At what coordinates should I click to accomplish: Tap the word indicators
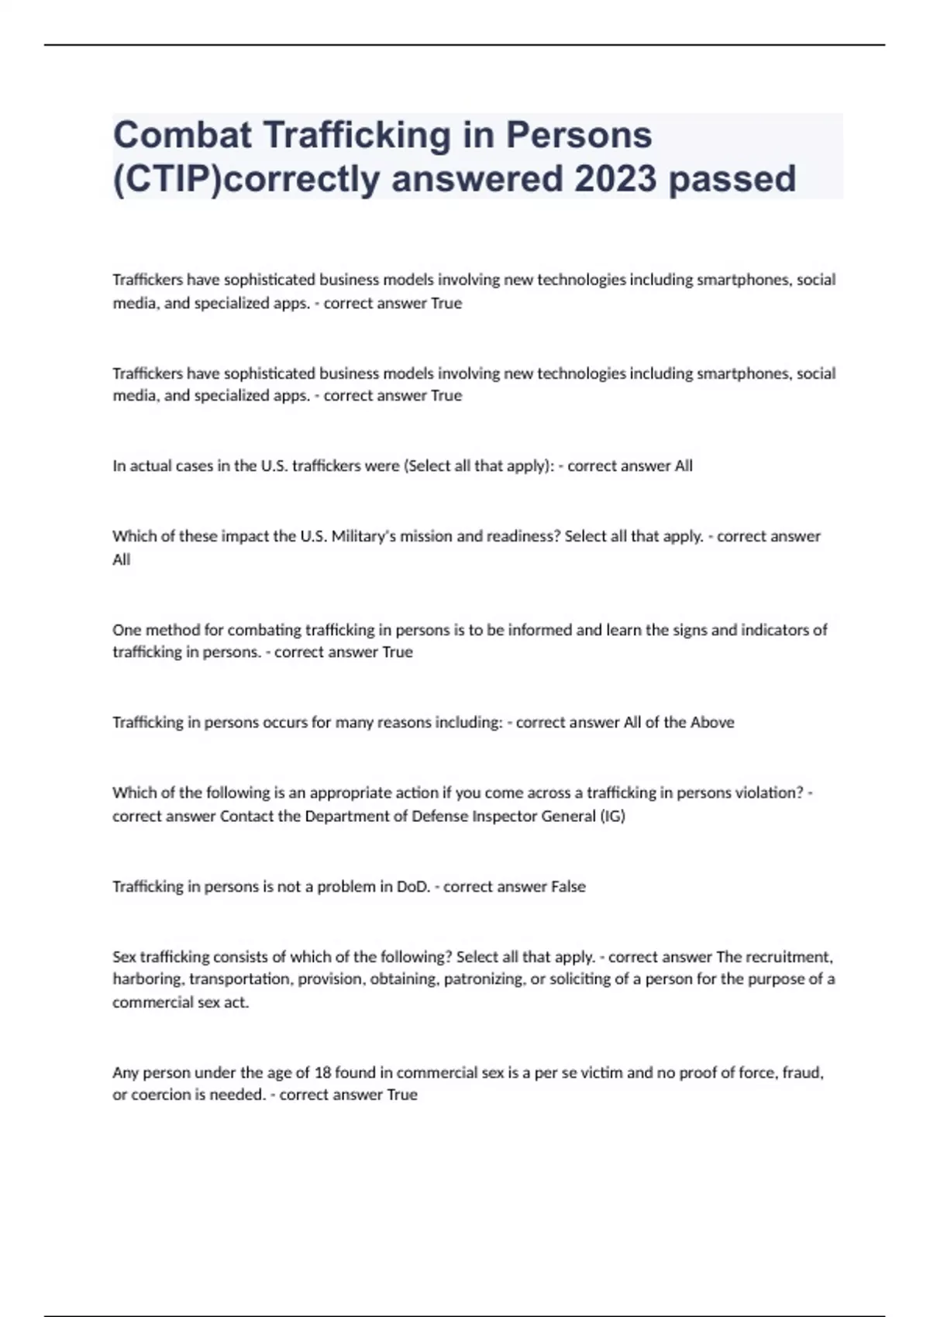776,630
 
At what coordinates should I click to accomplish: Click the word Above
712,722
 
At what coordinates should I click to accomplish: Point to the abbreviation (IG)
612,816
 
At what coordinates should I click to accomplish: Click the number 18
322,1073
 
